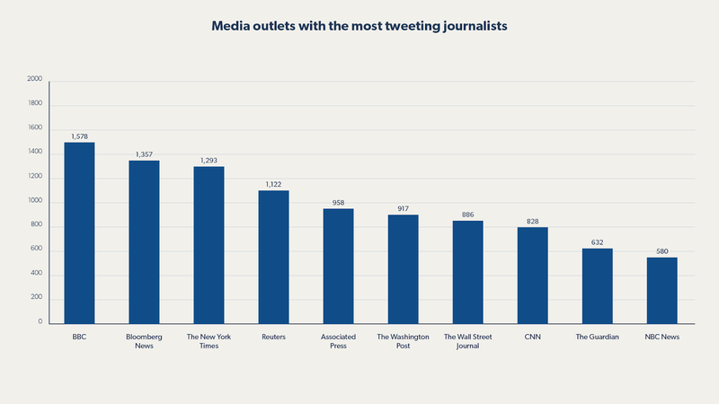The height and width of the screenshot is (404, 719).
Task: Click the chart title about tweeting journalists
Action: coord(359,26)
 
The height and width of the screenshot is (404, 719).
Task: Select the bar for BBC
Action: coord(79,233)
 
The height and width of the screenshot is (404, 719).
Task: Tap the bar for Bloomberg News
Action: coord(144,242)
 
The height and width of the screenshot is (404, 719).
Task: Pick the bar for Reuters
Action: coord(273,257)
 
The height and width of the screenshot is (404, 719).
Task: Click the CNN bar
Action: coord(532,275)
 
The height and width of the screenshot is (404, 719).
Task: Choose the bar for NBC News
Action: coord(661,290)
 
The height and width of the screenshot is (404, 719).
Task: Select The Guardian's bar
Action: coord(597,285)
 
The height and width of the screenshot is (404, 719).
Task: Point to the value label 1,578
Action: coord(79,136)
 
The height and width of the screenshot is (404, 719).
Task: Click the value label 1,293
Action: coord(209,160)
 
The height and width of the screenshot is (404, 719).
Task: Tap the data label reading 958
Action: coord(338,202)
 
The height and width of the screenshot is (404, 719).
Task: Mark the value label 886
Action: coord(467,214)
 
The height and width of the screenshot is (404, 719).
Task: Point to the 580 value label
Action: coord(661,250)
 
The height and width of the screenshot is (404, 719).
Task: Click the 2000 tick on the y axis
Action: coord(35,79)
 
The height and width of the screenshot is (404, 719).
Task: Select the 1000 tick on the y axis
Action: coord(35,200)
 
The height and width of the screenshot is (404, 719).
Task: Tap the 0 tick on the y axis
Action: coord(40,321)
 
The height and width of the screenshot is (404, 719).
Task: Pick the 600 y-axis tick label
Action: coord(37,249)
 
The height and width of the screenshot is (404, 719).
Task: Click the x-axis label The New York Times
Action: coord(209,341)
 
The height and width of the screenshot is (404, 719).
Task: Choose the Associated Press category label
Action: coord(338,341)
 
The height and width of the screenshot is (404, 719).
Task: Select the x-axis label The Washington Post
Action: coord(403,341)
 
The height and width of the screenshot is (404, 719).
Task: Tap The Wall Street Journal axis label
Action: coord(467,341)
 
